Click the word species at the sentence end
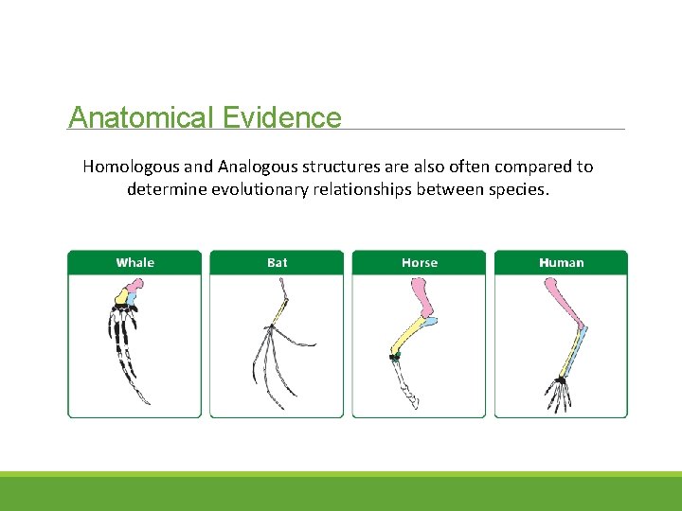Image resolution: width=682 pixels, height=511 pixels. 518,188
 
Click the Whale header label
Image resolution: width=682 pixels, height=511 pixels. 135,262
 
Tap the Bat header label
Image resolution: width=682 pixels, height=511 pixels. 277,262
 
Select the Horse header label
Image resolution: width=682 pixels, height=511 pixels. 419,262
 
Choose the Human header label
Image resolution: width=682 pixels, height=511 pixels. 561,262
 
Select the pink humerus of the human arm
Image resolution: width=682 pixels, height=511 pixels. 564,301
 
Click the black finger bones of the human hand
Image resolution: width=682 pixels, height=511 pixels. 560,396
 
